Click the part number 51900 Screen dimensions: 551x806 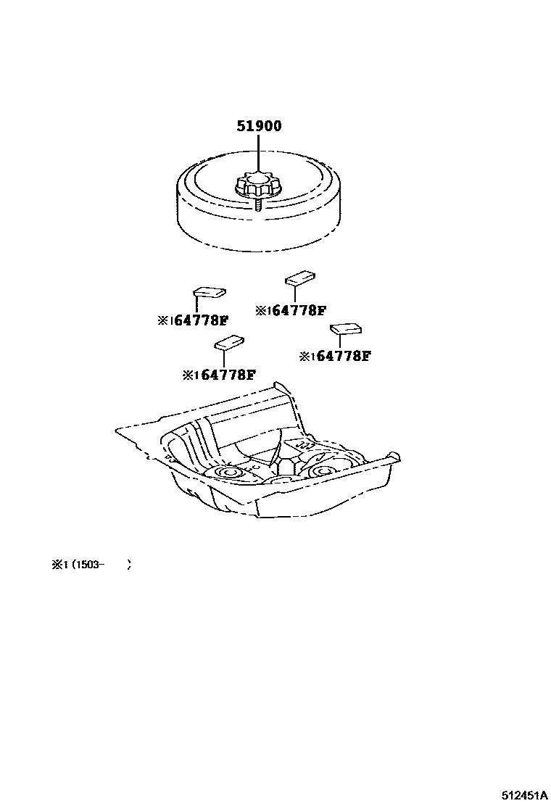(259, 126)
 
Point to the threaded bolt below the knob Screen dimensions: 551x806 (259, 205)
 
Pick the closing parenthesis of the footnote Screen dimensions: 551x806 (129, 566)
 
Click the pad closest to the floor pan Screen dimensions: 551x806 (229, 342)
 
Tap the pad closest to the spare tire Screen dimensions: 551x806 (299, 278)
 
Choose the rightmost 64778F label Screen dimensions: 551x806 (343, 356)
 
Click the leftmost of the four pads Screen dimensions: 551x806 (208, 291)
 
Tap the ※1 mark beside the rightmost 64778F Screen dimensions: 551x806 (306, 356)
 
